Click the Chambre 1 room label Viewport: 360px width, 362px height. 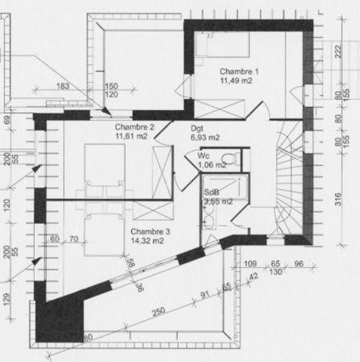click(x=239, y=71)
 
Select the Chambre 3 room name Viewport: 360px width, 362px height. click(x=151, y=232)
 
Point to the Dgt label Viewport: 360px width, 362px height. click(x=198, y=129)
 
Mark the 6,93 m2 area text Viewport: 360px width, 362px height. click(x=205, y=137)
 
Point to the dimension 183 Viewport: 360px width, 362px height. click(x=63, y=86)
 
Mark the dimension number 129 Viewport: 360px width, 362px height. click(x=8, y=301)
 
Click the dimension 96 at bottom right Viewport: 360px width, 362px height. click(x=298, y=264)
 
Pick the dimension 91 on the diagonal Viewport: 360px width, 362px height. click(x=204, y=295)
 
